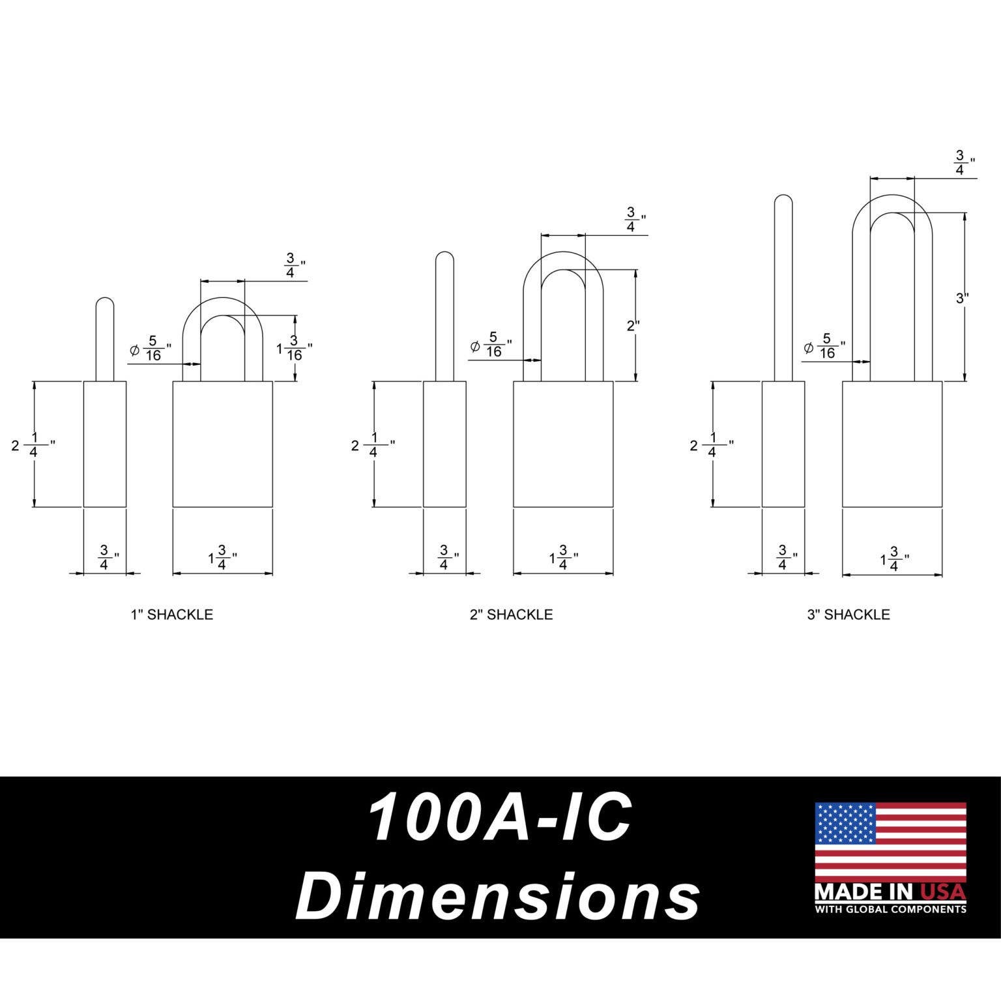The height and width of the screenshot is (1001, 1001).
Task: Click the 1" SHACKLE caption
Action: (x=171, y=615)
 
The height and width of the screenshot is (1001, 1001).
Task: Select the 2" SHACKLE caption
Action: (x=511, y=615)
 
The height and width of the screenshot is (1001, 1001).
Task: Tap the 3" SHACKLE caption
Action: (x=848, y=615)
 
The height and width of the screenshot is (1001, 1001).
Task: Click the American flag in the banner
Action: (x=890, y=841)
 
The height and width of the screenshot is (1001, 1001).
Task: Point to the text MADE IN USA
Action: (x=890, y=891)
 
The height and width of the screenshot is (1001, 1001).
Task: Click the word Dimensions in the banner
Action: (x=498, y=897)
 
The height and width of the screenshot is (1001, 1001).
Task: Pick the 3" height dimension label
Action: (x=962, y=298)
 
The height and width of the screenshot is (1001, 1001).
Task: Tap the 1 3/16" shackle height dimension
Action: (x=293, y=349)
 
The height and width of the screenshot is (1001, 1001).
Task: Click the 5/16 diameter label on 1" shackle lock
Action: (x=151, y=348)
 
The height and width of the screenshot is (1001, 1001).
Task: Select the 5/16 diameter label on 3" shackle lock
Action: (x=825, y=345)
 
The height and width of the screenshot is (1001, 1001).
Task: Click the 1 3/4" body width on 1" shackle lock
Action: (x=221, y=558)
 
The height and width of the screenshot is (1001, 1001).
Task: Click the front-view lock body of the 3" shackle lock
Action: (x=892, y=444)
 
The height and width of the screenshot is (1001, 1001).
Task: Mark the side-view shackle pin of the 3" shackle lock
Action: (x=783, y=287)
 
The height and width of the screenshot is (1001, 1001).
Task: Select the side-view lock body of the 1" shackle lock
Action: (x=105, y=444)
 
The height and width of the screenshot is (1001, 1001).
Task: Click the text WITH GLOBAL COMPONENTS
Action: (x=890, y=909)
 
